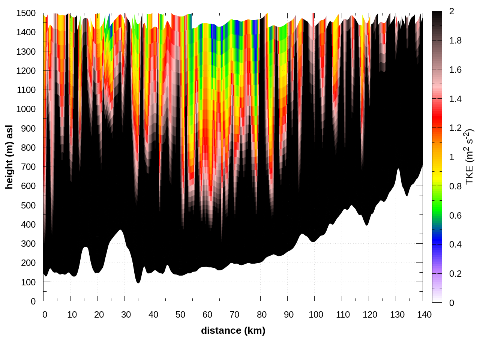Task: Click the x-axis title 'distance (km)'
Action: [x=233, y=330]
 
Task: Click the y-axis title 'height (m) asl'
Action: [x=9, y=157]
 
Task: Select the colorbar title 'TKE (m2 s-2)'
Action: [x=469, y=157]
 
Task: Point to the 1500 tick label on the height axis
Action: [x=26, y=13]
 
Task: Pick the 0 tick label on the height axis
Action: [x=33, y=301]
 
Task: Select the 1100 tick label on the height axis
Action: [x=26, y=90]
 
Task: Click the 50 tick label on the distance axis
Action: [x=180, y=315]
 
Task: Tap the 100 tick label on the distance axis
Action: [x=316, y=315]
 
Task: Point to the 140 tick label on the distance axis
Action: [x=424, y=315]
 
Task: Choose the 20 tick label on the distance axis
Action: [x=99, y=315]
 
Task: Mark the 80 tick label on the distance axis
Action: [x=262, y=315]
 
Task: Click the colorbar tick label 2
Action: [x=451, y=12]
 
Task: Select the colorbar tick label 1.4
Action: [x=455, y=99]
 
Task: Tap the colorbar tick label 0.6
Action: [x=455, y=216]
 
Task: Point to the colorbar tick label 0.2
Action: [x=455, y=274]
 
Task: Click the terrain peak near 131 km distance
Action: [x=398, y=169]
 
